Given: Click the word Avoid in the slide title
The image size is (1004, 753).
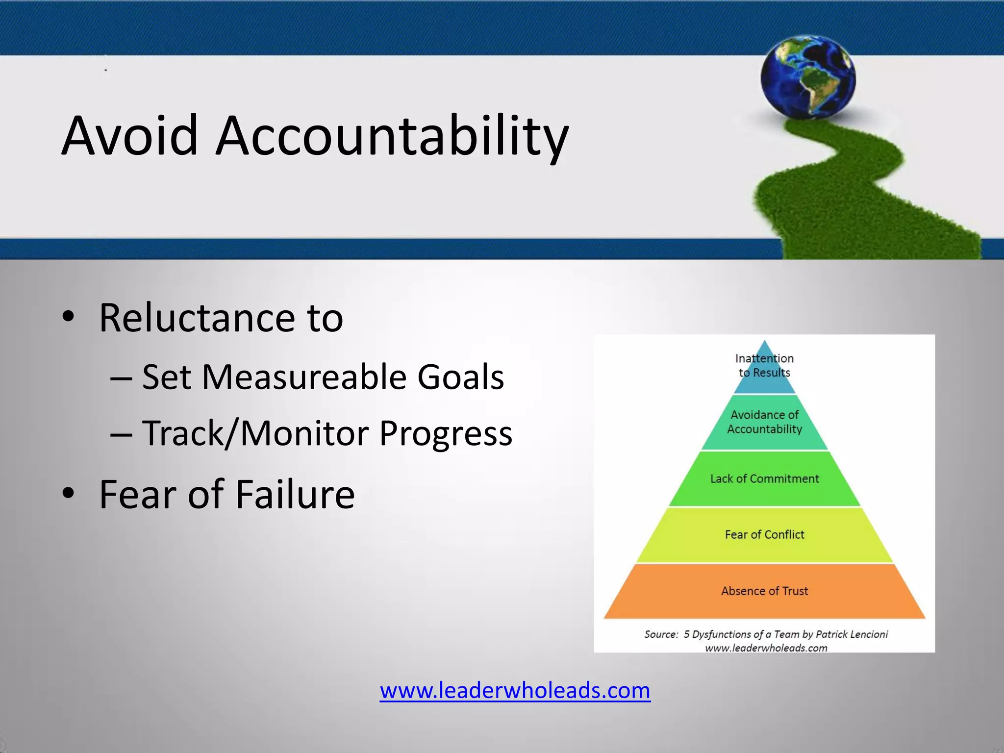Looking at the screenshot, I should pos(130,135).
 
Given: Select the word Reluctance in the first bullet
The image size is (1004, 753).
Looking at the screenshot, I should pos(197,318).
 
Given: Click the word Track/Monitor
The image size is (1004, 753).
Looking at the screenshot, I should pos(255,433).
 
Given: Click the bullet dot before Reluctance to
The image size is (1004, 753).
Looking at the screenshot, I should pos(68,316).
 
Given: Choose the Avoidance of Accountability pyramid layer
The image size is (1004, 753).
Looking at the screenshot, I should pos(764,422).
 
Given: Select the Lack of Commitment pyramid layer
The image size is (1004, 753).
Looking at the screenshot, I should pos(764,478).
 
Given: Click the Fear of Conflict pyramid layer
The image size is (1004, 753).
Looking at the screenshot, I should pos(764,534).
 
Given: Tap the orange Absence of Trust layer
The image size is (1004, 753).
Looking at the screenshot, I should pos(764,591).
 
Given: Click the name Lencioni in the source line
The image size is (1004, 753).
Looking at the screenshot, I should pos(868,634).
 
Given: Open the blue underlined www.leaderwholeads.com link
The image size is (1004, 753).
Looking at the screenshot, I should pos(515,690).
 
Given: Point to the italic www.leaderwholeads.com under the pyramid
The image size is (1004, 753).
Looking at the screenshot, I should pos(766,648).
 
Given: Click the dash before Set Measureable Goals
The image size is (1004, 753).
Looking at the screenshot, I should pos(121,378).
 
